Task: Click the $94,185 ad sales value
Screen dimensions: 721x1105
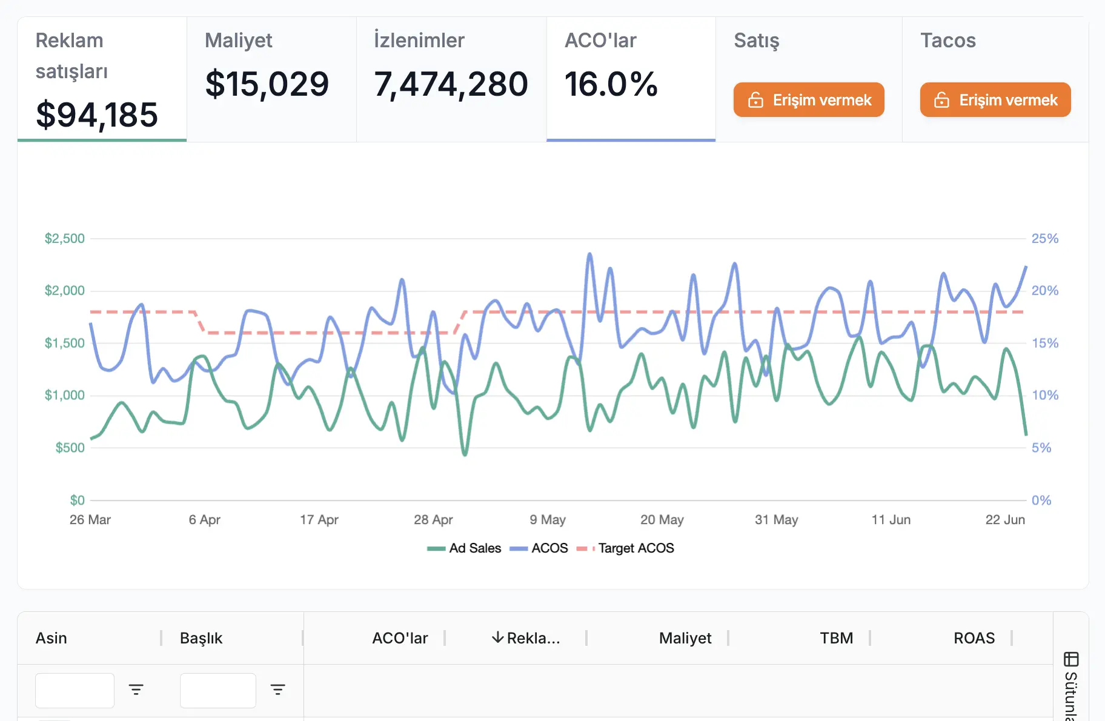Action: pos(97,115)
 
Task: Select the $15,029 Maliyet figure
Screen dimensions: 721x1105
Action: pos(267,84)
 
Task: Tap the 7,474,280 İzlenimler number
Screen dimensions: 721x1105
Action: pos(451,84)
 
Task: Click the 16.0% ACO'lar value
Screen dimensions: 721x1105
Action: pos(611,84)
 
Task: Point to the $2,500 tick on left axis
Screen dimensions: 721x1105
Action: pos(64,238)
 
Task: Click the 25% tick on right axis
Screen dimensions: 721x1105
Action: pos(1044,238)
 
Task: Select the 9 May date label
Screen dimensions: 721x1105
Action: pos(547,519)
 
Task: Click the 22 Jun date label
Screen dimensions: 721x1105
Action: pos(1004,519)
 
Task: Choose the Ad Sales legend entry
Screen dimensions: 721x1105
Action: pos(465,548)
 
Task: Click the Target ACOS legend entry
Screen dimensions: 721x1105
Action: pos(626,548)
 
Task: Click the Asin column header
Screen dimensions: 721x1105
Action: pos(51,638)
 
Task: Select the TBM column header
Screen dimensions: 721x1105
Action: pos(836,638)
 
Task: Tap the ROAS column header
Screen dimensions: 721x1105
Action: pos(974,638)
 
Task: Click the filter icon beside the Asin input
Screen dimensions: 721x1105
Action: pos(136,689)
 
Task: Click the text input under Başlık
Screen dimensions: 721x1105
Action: pos(217,690)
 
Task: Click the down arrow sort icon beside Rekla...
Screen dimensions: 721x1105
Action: pos(497,637)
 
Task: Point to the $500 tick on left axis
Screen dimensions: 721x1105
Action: pos(70,448)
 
